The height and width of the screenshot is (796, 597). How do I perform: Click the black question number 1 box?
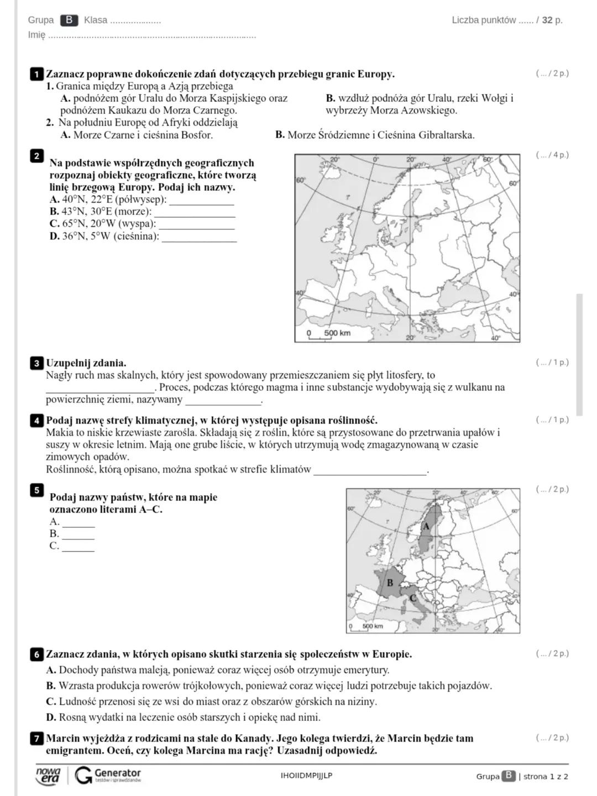[x=36, y=74]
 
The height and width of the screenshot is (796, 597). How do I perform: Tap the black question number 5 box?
[x=36, y=490]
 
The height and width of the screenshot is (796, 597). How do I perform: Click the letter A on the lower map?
[x=426, y=527]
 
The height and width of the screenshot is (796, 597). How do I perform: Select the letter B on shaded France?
[x=390, y=583]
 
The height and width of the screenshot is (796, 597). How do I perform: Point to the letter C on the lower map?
[x=412, y=598]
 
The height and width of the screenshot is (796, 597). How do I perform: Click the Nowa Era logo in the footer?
[x=48, y=775]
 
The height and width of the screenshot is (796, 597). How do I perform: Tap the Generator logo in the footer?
[x=108, y=775]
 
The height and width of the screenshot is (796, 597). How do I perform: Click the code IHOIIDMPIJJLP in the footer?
[x=306, y=776]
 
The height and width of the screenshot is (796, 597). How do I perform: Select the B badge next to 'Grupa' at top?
[x=69, y=20]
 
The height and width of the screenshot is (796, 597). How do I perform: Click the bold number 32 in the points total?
[x=547, y=20]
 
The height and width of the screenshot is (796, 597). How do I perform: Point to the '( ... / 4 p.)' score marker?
[x=552, y=155]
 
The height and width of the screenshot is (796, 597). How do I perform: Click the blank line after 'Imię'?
[x=152, y=36]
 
